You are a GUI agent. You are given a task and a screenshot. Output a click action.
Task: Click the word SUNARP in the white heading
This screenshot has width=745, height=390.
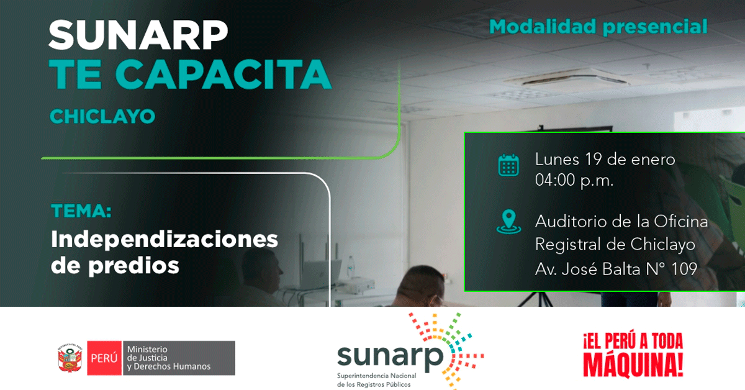point(138,35)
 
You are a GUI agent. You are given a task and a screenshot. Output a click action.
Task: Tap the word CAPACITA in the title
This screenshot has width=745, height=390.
point(223,75)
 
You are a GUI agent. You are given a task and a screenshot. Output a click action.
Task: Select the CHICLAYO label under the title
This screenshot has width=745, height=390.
point(102,117)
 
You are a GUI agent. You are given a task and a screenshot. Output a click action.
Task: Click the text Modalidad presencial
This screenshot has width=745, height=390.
point(598,27)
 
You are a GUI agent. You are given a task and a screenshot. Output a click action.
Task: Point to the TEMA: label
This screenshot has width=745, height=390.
point(81,211)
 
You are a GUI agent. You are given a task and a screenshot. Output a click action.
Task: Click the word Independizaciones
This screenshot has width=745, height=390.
point(165,240)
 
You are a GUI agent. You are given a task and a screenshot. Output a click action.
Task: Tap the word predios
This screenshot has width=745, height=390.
point(133,266)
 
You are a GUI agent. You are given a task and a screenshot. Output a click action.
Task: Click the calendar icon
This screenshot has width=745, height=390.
point(508,165)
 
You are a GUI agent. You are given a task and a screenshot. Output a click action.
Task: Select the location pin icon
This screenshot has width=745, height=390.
point(509,222)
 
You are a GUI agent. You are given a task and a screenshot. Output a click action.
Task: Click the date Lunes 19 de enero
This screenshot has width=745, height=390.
point(605,160)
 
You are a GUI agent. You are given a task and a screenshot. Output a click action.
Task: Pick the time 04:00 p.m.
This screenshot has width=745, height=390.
point(574,181)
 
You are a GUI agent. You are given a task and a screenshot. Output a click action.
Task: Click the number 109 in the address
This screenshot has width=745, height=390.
point(684,269)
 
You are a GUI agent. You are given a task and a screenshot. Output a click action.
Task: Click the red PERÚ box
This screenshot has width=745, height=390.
point(104,358)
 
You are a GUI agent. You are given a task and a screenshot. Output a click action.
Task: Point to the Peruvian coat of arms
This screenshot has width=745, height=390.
point(70,358)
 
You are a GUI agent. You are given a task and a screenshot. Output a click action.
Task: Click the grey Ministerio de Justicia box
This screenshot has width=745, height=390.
point(179,358)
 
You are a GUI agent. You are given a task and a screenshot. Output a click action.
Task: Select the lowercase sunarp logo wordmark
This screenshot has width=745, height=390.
point(391,356)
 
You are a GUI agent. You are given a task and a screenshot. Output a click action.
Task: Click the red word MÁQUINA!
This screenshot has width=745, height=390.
point(633,365)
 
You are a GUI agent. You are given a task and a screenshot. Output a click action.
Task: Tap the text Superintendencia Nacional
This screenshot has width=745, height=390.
point(376,376)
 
